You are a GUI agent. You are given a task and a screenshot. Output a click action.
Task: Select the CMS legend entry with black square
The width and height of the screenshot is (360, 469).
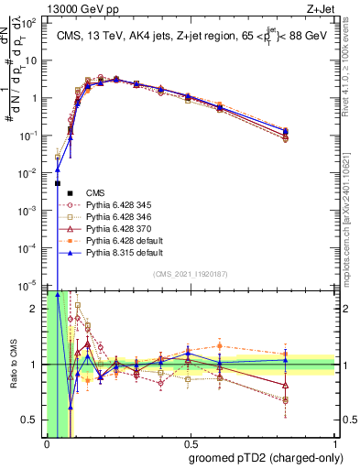(x=95, y=192)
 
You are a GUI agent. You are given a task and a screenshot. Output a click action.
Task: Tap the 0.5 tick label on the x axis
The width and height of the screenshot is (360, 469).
(x=191, y=442)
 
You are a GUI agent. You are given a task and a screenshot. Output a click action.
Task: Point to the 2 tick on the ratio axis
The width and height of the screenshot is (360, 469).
(x=35, y=309)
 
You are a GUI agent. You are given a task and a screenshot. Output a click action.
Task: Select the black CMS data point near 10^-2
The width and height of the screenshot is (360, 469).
(x=58, y=184)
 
